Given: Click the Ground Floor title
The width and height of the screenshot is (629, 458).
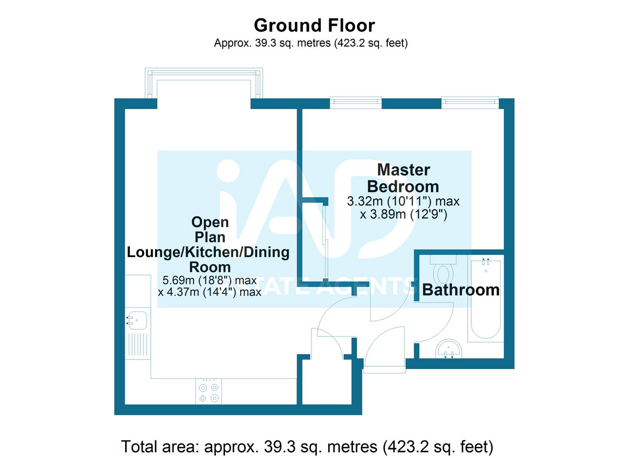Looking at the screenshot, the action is pos(314,26).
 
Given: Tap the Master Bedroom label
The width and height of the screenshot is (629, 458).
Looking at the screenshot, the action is pos(403,178).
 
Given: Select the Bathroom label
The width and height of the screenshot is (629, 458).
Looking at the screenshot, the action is pos(461,290).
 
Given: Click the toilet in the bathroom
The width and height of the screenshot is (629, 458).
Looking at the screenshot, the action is pos(443,270).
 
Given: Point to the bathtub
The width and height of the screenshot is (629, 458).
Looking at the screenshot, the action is pos(485,299).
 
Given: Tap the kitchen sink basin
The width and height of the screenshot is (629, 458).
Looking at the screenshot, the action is pos(137,320).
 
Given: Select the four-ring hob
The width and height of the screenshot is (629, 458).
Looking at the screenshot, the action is pos(209,391).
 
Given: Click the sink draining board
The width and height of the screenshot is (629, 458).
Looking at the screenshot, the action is pos(137,345).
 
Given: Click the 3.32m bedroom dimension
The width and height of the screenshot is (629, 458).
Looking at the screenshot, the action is pos(403,201).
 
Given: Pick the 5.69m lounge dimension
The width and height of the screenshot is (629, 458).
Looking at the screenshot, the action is pos(210,280).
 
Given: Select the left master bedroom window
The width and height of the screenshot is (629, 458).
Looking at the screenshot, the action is pos(355,103).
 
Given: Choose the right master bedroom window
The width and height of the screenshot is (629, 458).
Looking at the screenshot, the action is pos(470,103).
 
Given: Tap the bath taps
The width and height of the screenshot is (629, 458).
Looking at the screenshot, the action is pos(485,262).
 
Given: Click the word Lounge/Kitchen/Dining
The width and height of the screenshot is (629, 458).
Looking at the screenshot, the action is pos(208,252).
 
